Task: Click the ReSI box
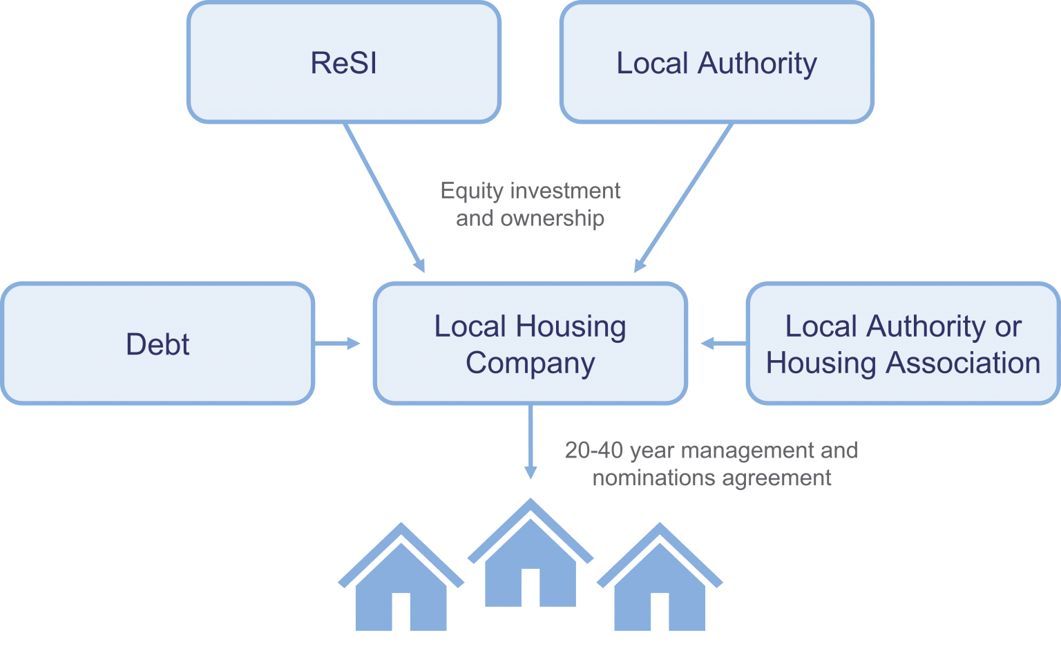pyautogui.click(x=343, y=63)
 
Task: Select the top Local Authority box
pyautogui.click(x=716, y=63)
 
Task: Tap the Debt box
pyautogui.click(x=157, y=344)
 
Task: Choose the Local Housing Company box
pyautogui.click(x=530, y=344)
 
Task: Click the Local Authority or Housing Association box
pyautogui.click(x=903, y=344)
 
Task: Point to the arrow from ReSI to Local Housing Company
pyautogui.click(x=384, y=198)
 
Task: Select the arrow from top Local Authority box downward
pyautogui.click(x=683, y=198)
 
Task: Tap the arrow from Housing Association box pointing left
pyautogui.click(x=723, y=344)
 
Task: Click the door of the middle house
pyautogui.click(x=530, y=587)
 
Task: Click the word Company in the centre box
pyautogui.click(x=530, y=363)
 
